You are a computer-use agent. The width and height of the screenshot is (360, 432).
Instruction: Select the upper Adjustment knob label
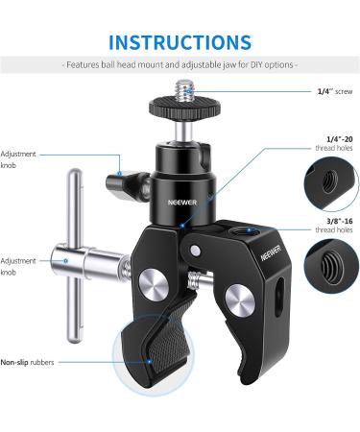coord(19,157)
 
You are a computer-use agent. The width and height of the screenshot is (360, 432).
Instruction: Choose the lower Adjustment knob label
coord(19,265)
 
